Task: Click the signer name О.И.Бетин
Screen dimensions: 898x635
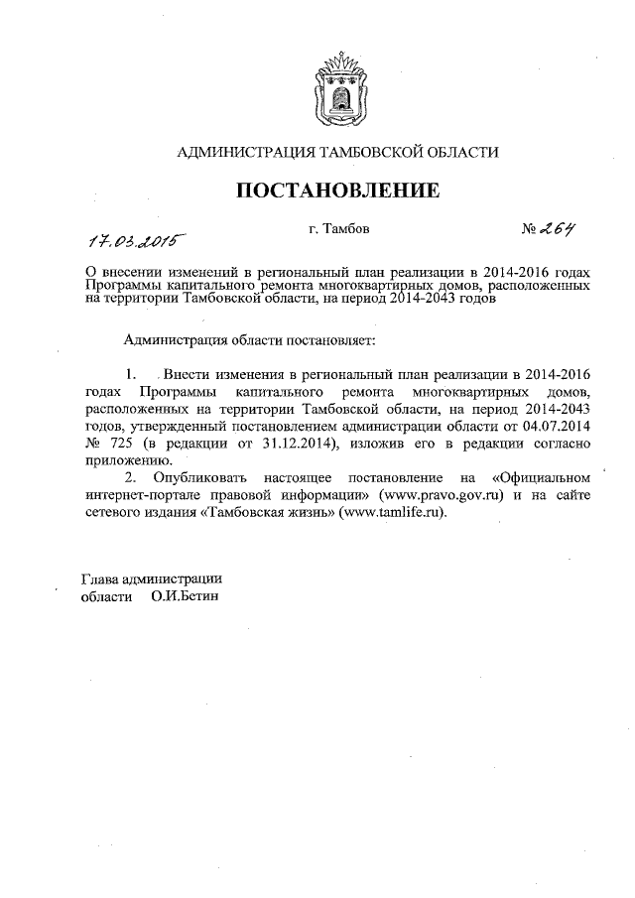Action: (185, 597)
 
